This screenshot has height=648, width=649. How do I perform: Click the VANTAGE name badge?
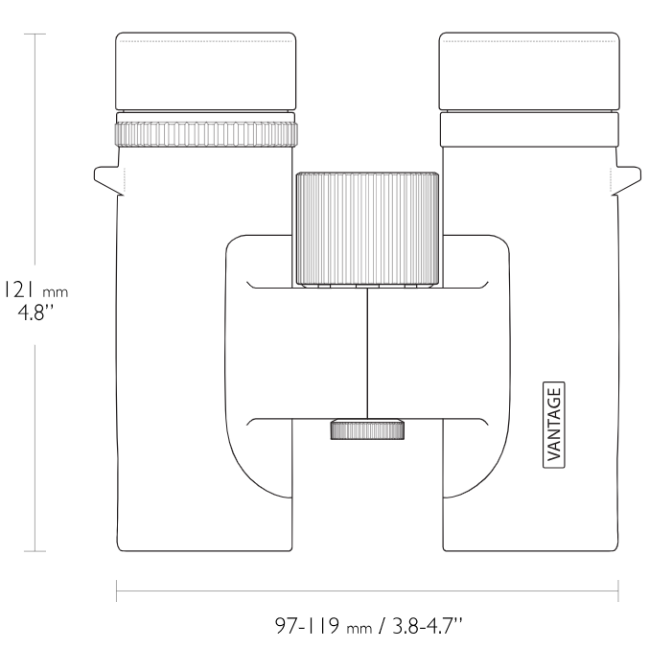pyautogui.click(x=554, y=425)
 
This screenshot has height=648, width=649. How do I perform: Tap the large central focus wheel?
pyautogui.click(x=367, y=229)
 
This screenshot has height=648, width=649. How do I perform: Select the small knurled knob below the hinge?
pyautogui.click(x=367, y=429)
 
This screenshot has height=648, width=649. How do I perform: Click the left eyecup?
pyautogui.click(x=206, y=71)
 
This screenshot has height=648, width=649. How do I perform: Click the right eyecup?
pyautogui.click(x=529, y=71)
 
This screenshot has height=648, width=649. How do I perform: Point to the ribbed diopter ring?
pyautogui.click(x=206, y=134)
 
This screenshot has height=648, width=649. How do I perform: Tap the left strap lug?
pyautogui.click(x=109, y=180)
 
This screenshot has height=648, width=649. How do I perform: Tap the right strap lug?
pyautogui.click(x=625, y=180)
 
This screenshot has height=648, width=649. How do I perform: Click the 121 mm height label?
pyautogui.click(x=35, y=289)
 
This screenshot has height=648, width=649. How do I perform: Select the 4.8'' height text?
pyautogui.click(x=35, y=312)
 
